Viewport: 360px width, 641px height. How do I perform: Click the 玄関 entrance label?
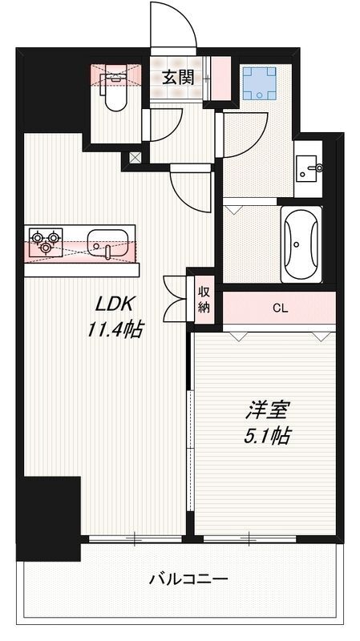177,77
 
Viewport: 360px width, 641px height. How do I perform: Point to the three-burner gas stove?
45,241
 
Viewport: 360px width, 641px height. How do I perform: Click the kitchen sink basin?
107,241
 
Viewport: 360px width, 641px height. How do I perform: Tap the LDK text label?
111,304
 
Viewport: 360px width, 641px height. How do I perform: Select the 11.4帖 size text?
116,329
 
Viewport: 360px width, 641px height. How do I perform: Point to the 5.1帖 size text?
268,437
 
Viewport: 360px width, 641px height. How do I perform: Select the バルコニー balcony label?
188,579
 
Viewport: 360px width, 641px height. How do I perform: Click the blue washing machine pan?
258,83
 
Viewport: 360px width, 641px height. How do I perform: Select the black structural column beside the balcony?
49,518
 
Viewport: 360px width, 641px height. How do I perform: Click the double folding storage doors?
175,298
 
